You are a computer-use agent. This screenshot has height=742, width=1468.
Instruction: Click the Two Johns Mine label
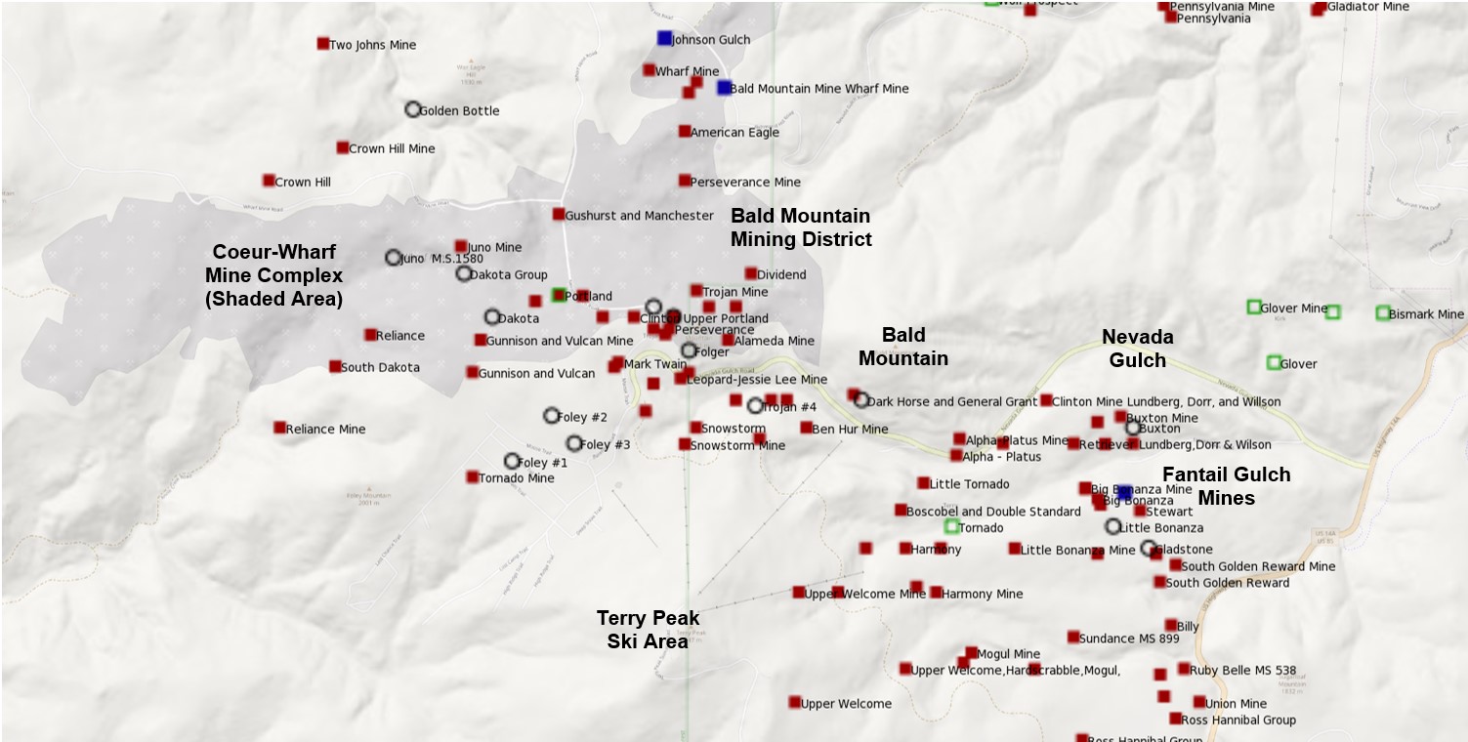pos(372,45)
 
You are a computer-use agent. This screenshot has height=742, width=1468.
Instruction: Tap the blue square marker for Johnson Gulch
pos(664,38)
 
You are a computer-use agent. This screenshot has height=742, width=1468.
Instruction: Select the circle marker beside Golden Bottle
pos(413,109)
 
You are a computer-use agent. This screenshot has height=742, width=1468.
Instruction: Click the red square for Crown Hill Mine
pos(342,147)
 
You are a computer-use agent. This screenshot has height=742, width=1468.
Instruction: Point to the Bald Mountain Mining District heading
pos(801,227)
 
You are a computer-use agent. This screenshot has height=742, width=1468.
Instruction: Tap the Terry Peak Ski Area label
pos(648,630)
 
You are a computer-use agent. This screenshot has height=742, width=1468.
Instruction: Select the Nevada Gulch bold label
pos(1137,349)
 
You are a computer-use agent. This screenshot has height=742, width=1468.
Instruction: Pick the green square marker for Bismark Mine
pos(1382,312)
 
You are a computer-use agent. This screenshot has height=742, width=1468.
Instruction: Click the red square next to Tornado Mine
pos(472,477)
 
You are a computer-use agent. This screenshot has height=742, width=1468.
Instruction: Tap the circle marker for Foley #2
pos(551,416)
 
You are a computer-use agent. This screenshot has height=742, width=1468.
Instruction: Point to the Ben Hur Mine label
pos(850,429)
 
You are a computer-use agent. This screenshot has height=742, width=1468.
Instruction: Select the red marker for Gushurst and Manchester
pos(558,214)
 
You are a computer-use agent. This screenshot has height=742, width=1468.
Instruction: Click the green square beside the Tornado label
pos(951,526)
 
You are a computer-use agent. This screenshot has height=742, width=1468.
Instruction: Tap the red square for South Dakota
pos(335,366)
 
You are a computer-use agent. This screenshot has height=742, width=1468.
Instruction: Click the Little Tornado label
pos(969,484)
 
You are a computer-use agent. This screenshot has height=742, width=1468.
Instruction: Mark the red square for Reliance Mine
pos(279,428)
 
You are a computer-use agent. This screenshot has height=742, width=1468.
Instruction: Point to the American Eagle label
pos(734,133)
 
